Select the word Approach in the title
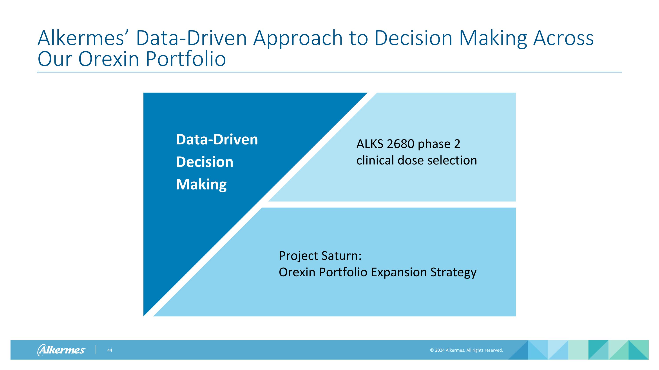click(x=298, y=39)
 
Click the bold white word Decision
click(x=205, y=162)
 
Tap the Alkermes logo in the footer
click(x=62, y=350)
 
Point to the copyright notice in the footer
click(x=466, y=350)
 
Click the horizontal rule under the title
click(x=329, y=72)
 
